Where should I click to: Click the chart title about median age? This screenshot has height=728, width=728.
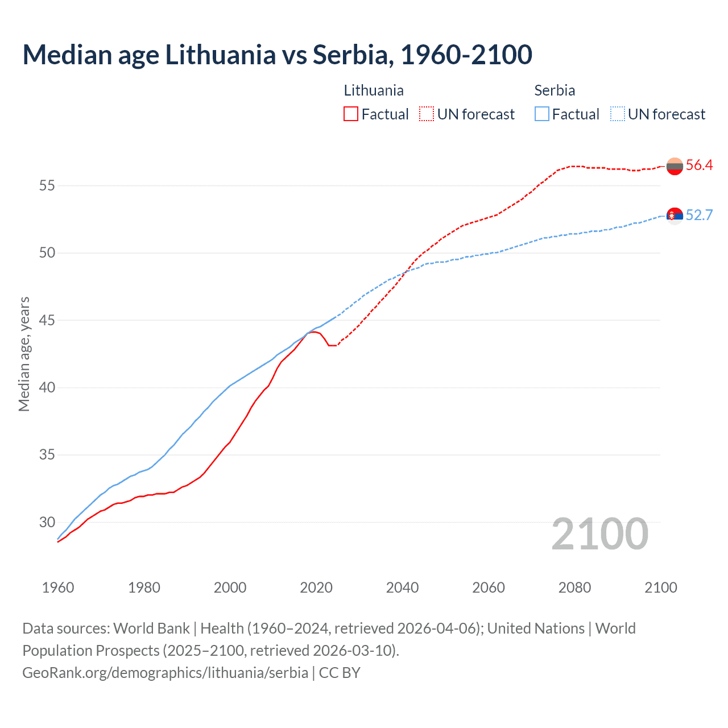(x=277, y=55)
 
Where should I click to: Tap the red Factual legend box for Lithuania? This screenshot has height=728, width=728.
(x=351, y=114)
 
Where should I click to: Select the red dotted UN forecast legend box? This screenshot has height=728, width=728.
(x=427, y=114)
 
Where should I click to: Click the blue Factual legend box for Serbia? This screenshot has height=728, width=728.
(x=542, y=114)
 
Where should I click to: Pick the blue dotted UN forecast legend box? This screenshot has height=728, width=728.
(x=617, y=114)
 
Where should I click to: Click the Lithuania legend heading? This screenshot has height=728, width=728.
(x=374, y=90)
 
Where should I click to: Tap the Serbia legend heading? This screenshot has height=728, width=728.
(x=555, y=90)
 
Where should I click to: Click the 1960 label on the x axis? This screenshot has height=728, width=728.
(x=58, y=588)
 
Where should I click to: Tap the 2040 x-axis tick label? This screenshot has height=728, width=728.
(x=402, y=588)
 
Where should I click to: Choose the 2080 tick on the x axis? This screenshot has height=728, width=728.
(x=574, y=588)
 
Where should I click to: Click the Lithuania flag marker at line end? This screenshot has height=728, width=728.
(x=675, y=166)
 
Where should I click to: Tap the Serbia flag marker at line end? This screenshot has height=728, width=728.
(x=675, y=216)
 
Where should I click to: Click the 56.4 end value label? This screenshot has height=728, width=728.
(x=699, y=166)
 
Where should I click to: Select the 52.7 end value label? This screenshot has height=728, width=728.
(x=699, y=215)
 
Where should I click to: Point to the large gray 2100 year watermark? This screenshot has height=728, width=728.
(x=600, y=534)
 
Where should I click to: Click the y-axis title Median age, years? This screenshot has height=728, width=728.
(x=24, y=354)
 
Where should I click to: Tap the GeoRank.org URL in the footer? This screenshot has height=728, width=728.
(x=165, y=672)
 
